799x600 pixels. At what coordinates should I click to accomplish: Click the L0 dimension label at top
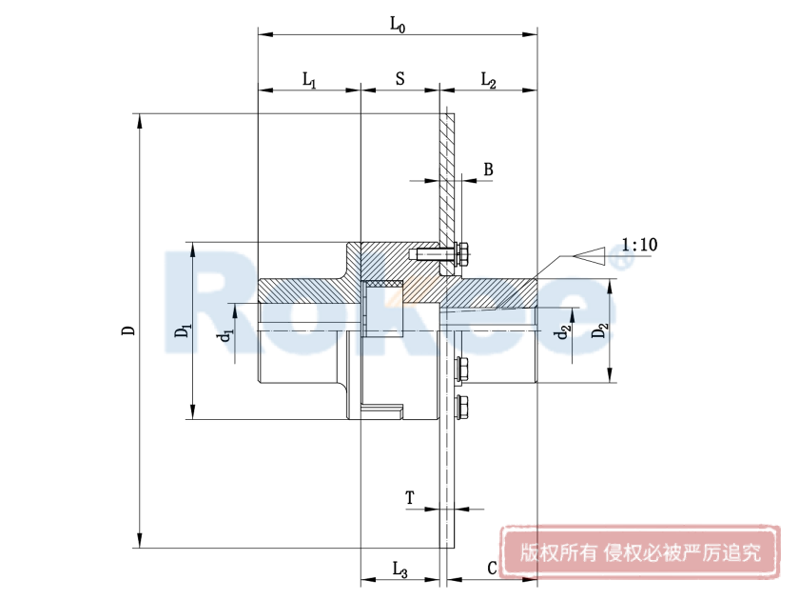tap(398, 25)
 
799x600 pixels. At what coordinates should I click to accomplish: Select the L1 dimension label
tap(309, 80)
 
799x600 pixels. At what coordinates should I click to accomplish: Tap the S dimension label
tap(399, 79)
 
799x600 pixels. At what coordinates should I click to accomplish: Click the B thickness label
tap(488, 170)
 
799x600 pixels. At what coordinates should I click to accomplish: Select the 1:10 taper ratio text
tap(638, 245)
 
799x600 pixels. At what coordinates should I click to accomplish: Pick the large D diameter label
tap(127, 330)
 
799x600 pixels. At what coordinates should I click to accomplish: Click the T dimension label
tap(410, 497)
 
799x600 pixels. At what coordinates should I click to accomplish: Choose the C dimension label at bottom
tap(492, 569)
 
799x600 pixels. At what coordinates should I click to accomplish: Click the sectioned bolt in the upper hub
tap(439, 254)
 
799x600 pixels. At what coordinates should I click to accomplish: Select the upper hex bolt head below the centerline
tap(465, 367)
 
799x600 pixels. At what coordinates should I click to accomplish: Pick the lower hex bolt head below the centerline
tap(465, 406)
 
